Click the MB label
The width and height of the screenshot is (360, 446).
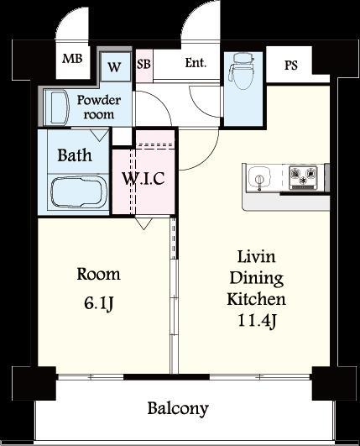click(x=72, y=59)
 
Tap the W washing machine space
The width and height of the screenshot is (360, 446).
click(x=114, y=67)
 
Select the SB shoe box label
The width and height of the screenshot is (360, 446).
click(x=143, y=64)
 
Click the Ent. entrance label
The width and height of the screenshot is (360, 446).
click(x=196, y=63)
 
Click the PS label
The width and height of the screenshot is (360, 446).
click(x=291, y=66)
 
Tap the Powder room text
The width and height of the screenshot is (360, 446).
click(x=98, y=108)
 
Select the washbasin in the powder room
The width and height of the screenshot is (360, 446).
click(x=60, y=108)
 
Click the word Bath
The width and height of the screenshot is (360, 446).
click(x=75, y=155)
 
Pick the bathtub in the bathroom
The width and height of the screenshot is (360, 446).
click(x=77, y=192)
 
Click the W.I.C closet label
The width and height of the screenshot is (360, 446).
click(x=143, y=179)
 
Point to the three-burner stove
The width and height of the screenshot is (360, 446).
click(x=303, y=177)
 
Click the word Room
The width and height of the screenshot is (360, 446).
click(x=98, y=275)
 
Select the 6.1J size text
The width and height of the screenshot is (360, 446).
click(x=98, y=303)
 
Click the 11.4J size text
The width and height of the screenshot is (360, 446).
click(x=257, y=321)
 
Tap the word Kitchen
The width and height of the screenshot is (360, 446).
click(x=256, y=299)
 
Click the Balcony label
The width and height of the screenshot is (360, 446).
click(x=178, y=409)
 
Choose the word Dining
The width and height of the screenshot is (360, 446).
click(x=257, y=278)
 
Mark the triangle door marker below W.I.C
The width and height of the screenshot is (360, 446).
click(x=143, y=223)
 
